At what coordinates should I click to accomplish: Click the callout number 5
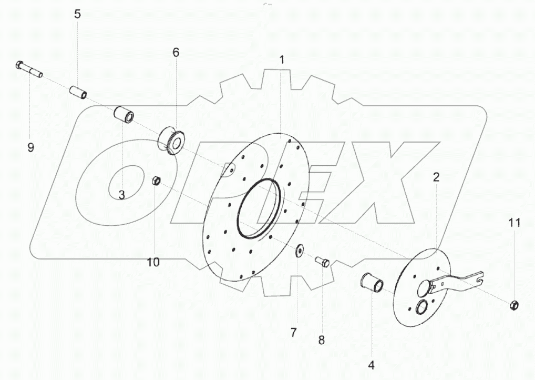[77, 14]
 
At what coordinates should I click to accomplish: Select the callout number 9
[30, 147]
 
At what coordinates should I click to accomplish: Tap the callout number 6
[176, 52]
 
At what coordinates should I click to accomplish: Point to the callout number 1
[282, 60]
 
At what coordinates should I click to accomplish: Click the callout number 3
[122, 195]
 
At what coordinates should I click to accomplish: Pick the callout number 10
[153, 263]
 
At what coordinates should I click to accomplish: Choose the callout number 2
[436, 177]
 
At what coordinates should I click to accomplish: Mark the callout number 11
[515, 223]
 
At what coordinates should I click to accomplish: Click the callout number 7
[294, 332]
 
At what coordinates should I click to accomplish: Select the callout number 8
[322, 340]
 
